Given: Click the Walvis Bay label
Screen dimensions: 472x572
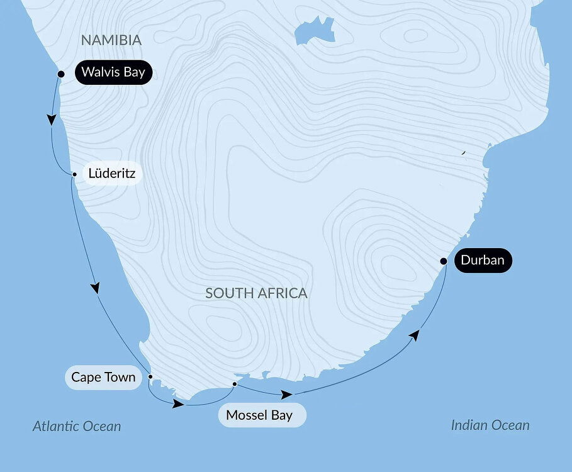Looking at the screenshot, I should (113, 72).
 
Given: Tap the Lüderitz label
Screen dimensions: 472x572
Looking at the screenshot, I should (112, 173).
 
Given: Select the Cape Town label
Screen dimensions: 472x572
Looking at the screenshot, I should (103, 378).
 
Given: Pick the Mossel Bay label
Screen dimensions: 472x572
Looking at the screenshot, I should (259, 415).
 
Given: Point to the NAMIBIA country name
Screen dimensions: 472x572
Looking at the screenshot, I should (111, 40).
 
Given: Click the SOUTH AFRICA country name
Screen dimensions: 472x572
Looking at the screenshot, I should (256, 293).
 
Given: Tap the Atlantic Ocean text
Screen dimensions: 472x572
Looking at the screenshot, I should (77, 427).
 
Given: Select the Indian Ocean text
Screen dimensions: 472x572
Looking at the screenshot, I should (490, 425).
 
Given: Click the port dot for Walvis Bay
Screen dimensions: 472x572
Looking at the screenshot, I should (61, 74).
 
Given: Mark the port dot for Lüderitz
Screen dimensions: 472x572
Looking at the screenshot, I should (75, 174).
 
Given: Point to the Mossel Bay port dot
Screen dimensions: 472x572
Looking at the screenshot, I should (234, 384).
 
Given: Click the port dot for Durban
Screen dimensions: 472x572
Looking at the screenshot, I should (444, 261).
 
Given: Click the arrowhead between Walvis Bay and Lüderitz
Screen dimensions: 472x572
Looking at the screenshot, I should (51, 120).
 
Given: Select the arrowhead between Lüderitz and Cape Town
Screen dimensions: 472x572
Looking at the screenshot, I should (96, 287).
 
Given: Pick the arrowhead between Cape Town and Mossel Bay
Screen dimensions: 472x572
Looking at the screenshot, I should (177, 403).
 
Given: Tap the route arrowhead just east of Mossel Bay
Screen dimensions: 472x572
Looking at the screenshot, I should (286, 395).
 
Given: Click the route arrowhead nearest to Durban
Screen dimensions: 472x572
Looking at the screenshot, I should (414, 335).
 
